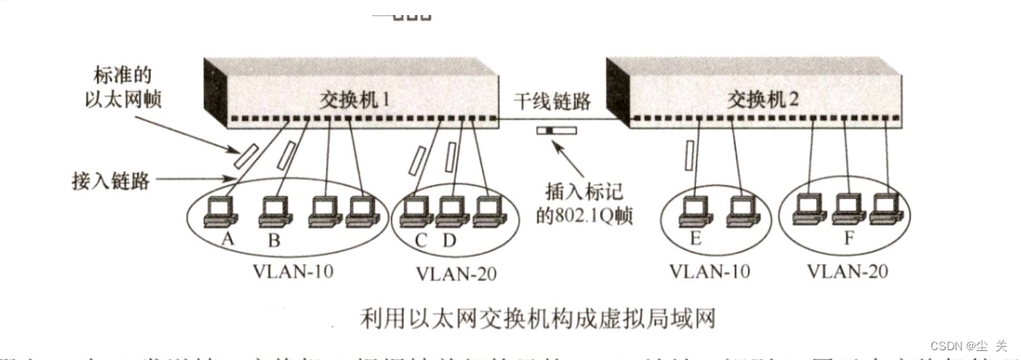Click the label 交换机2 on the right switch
coord(764,96)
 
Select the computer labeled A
coord(218,209)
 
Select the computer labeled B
coord(274,209)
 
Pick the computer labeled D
coord(448,211)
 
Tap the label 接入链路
coord(110,182)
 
